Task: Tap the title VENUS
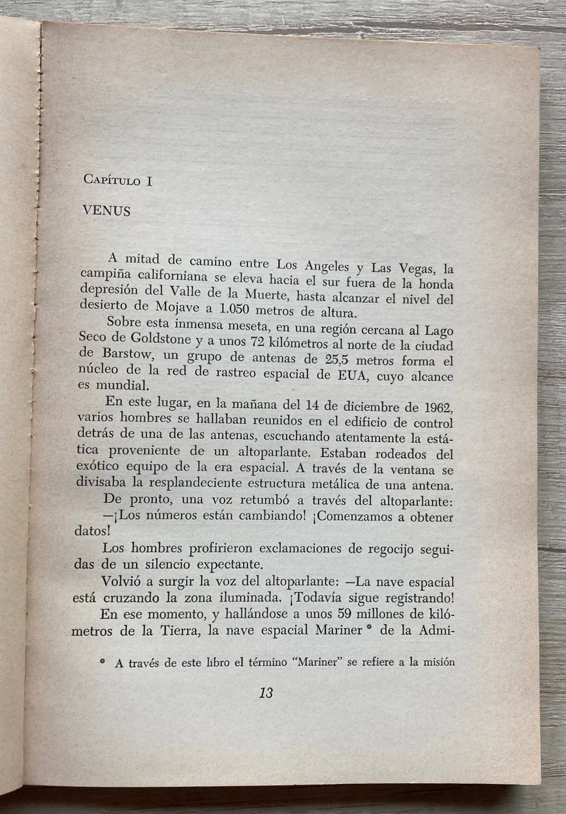(107, 211)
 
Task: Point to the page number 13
(266, 693)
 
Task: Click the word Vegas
(416, 269)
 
